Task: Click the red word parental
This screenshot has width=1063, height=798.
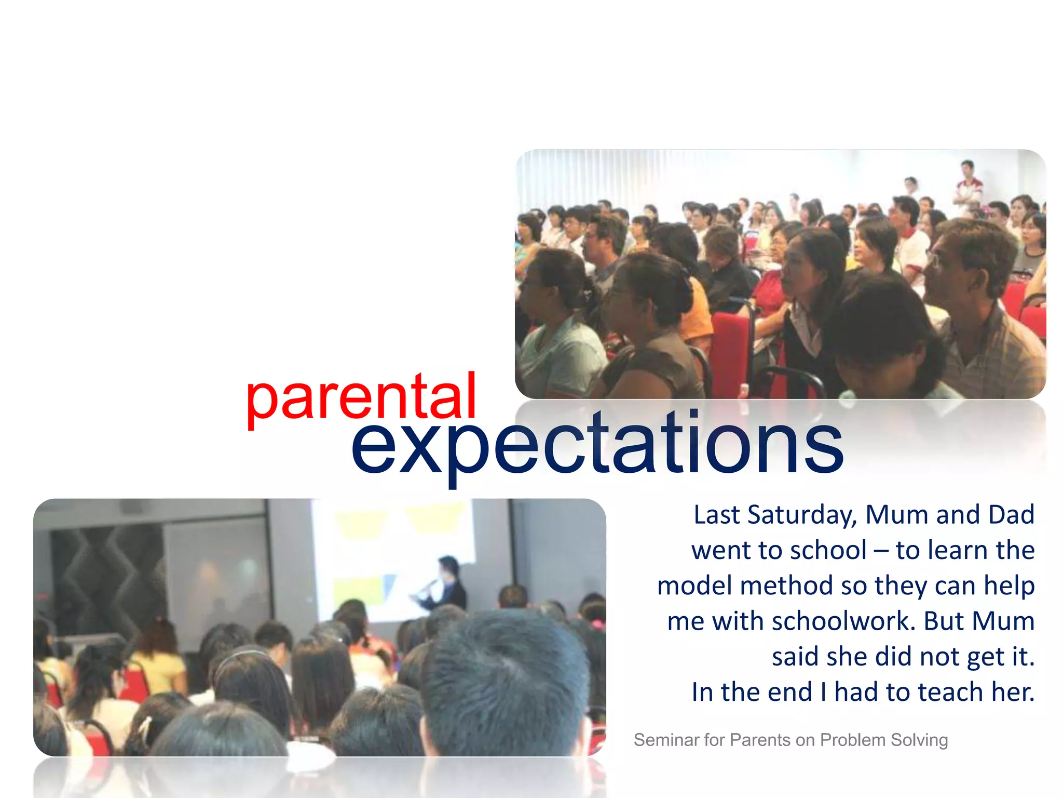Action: [x=361, y=397]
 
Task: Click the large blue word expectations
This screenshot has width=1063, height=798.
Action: [x=597, y=444]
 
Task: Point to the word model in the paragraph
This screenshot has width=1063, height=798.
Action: [x=695, y=586]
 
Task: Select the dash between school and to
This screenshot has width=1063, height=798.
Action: [x=881, y=551]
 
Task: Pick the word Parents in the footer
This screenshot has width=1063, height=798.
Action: [x=760, y=740]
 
